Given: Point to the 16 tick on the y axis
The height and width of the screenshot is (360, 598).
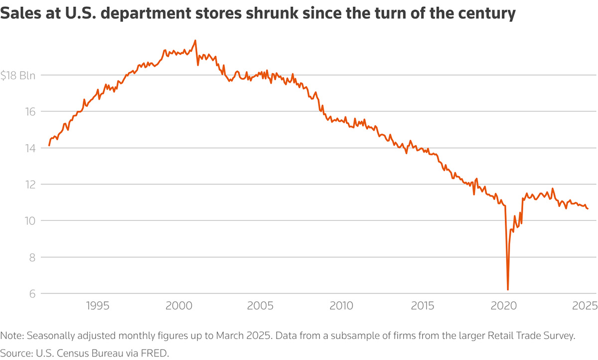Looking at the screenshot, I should point(30,112).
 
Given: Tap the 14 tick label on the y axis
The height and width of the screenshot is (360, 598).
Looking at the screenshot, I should point(30,149).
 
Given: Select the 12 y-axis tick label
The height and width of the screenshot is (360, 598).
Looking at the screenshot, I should point(30,184).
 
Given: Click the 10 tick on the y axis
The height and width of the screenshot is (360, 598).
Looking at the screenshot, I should point(30,221).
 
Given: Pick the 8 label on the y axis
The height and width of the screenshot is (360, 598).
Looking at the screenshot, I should point(32,257).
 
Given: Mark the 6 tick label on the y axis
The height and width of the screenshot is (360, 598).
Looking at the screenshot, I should point(32,294).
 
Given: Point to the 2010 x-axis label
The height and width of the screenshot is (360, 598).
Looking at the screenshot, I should point(342,305).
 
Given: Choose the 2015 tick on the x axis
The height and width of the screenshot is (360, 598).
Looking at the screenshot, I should point(424,305).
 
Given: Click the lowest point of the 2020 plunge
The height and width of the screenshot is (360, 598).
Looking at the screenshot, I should point(508,290).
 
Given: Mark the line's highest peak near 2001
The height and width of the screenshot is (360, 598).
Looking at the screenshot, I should point(195,40).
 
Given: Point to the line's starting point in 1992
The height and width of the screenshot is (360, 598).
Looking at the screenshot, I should point(49,145).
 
